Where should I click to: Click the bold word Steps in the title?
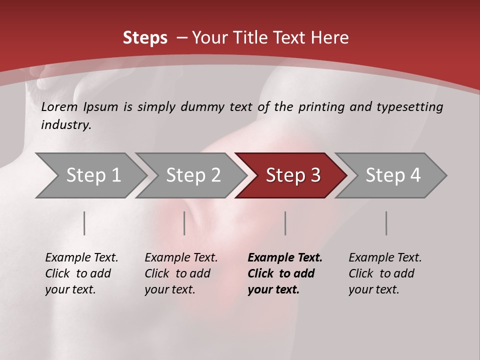coord(145,38)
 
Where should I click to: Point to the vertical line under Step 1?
coord(84,223)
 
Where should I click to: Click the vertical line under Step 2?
coord(184,223)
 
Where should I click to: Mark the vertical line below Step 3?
coord(285,223)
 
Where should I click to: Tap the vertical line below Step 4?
coord(386,223)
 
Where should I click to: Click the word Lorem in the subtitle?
coord(59,107)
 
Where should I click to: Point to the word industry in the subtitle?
coord(65,125)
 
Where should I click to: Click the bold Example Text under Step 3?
coord(285,258)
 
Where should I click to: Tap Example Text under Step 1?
coord(81,258)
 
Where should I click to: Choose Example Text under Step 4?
coord(385,258)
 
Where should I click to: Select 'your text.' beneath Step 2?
coord(169,289)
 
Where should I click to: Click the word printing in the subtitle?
coord(320,107)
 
